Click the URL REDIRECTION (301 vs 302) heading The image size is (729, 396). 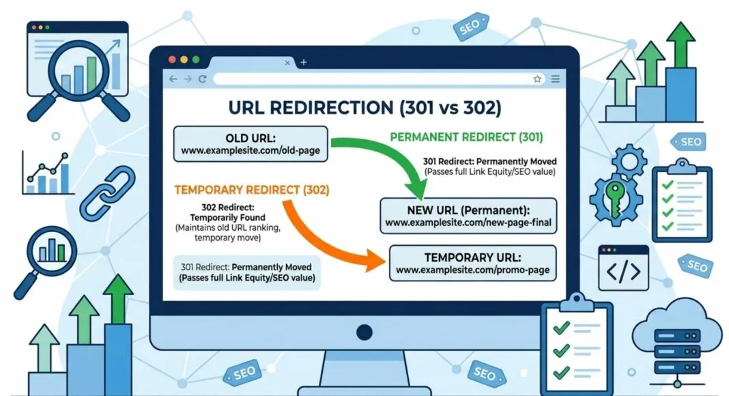[x=364, y=108]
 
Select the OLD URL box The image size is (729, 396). [x=251, y=144]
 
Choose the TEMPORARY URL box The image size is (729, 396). [x=472, y=264]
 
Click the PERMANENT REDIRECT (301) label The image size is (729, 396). [x=466, y=137]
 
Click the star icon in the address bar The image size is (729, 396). [x=537, y=79]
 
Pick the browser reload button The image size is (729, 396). [x=203, y=79]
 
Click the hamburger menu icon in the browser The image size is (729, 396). [x=556, y=79]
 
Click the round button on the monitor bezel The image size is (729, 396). [x=364, y=333]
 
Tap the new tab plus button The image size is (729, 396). [x=303, y=62]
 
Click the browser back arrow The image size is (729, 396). [x=173, y=79]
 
